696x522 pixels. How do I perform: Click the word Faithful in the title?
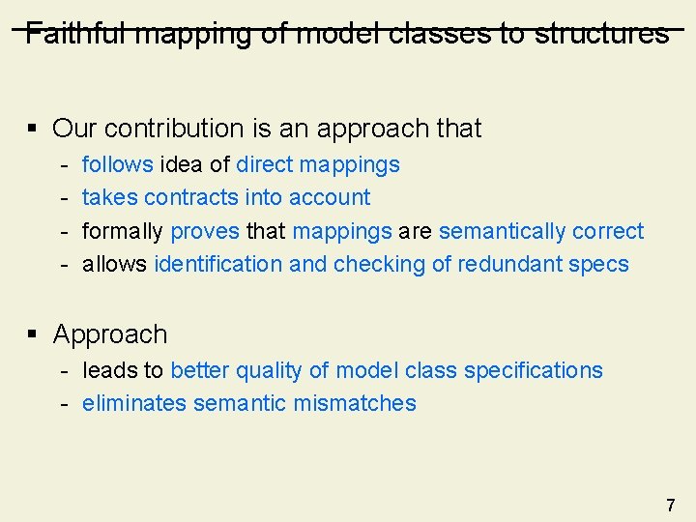[x=76, y=34]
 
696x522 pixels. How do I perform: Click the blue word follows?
[x=117, y=164]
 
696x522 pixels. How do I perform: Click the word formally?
[x=123, y=231]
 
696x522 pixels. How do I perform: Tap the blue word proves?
[x=205, y=231]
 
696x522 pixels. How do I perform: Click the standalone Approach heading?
[x=110, y=334]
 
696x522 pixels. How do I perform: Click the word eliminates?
[x=133, y=403]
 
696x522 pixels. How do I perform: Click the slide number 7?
[x=670, y=505]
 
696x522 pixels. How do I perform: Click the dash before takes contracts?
[x=62, y=197]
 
